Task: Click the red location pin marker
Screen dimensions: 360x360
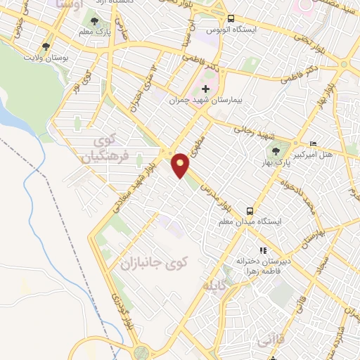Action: point(181,165)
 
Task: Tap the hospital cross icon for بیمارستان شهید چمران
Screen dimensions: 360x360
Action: point(205,89)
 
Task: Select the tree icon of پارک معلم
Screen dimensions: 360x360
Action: point(95,20)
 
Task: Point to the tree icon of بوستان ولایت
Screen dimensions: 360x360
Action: point(46,47)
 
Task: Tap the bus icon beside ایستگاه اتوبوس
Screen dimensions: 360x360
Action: point(231,19)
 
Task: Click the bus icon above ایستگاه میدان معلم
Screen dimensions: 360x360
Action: point(250,211)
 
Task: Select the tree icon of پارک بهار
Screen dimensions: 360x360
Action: point(276,151)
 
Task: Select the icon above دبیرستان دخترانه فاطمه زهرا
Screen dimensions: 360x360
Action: point(263,250)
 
